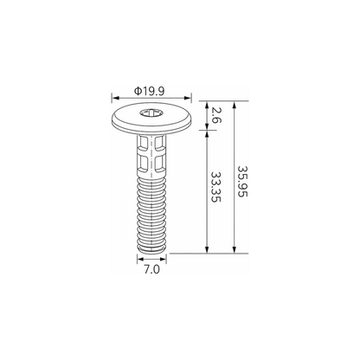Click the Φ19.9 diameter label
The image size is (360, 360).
pyautogui.click(x=149, y=92)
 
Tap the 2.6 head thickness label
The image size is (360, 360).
pyautogui.click(x=215, y=115)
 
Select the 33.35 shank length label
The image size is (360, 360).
pyautogui.click(x=215, y=187)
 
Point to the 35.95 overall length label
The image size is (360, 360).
pyautogui.click(x=242, y=181)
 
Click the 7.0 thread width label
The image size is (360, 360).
pyautogui.click(x=151, y=270)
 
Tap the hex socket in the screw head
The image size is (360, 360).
pyautogui.click(x=151, y=113)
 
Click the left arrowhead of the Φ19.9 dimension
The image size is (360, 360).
pyautogui.click(x=115, y=99)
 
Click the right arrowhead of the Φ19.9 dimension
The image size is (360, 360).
pyautogui.click(x=188, y=99)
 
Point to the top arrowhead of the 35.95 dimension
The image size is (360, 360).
pyautogui.click(x=235, y=105)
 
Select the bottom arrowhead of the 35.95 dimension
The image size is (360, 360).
pyautogui.click(x=235, y=250)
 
